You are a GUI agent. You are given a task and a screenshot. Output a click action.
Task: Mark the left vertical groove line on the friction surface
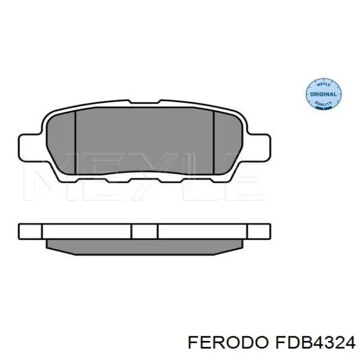(x=76, y=145)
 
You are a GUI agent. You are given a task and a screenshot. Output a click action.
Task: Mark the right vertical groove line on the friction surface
(x=213, y=145)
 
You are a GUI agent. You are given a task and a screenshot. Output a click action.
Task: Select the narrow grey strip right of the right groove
(x=228, y=145)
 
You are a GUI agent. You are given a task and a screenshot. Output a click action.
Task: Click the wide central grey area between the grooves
(x=145, y=145)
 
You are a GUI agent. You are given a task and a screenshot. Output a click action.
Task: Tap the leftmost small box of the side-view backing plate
(x=30, y=231)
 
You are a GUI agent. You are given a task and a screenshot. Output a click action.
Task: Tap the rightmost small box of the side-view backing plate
(x=259, y=231)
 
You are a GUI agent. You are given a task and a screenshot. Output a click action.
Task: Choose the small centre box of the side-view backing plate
(x=145, y=231)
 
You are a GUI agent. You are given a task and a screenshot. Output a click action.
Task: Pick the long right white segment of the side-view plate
(x=203, y=231)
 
